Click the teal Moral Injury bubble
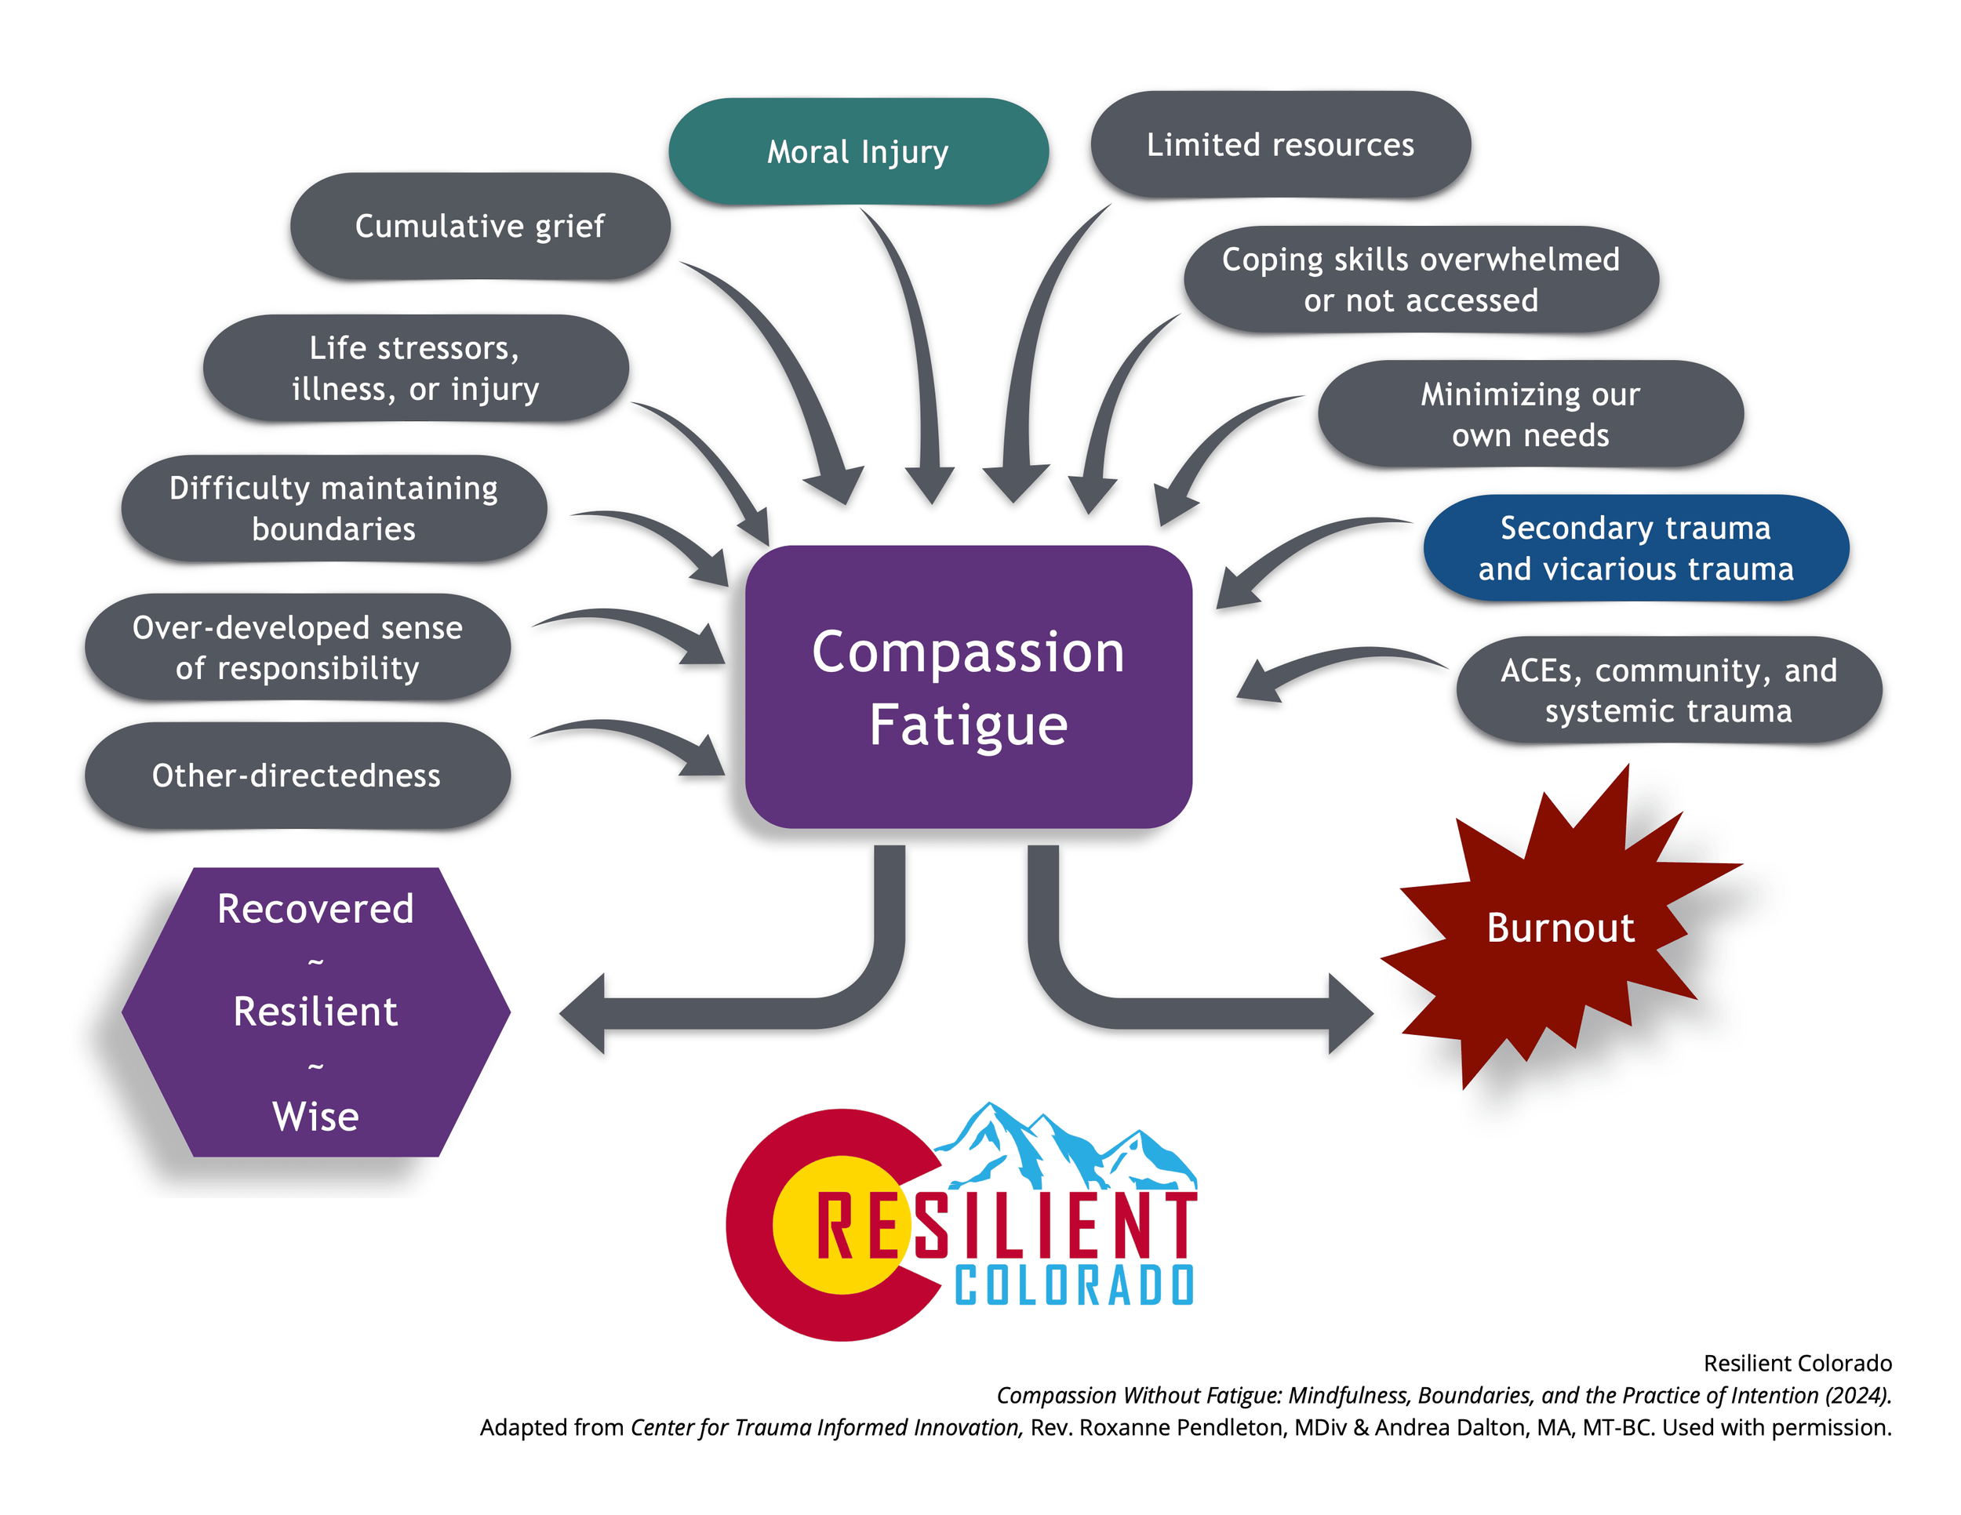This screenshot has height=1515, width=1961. [x=857, y=151]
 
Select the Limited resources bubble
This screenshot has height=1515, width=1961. [x=1279, y=144]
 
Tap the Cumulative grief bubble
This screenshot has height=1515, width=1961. [x=479, y=226]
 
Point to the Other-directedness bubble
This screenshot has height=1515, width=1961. [x=297, y=776]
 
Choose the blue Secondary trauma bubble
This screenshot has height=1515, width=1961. [x=1635, y=547]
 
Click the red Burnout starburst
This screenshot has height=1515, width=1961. [x=1560, y=928]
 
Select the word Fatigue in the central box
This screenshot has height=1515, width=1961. [x=968, y=725]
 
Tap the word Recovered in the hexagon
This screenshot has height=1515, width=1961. [x=315, y=909]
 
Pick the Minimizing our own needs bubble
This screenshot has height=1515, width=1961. [x=1530, y=414]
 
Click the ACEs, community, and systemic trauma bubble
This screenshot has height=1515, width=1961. [x=1668, y=690]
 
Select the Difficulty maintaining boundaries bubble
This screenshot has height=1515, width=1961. [x=333, y=509]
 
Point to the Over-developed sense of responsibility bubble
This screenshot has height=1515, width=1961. [x=297, y=647]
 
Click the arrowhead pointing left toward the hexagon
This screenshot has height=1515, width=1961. [x=584, y=1013]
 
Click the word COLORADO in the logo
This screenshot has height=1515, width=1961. [x=1074, y=1285]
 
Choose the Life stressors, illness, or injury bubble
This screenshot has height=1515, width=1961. [x=415, y=368]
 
